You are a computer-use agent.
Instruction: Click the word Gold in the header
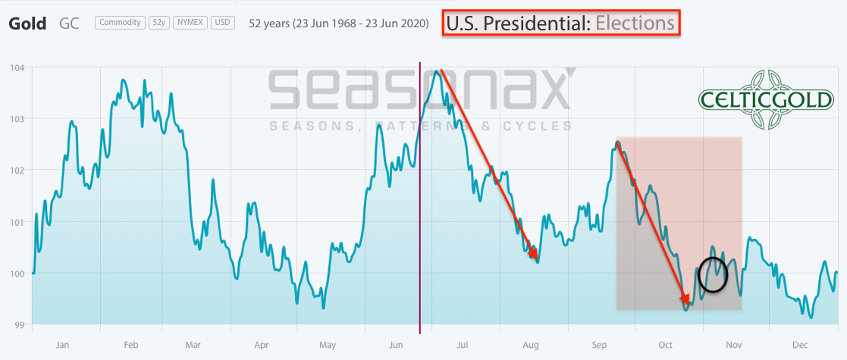[x=27, y=23]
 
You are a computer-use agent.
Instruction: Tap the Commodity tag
[x=121, y=23]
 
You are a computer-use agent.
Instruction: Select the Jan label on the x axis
[x=62, y=345]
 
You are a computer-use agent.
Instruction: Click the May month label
[x=328, y=345]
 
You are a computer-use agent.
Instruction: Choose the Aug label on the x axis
[x=531, y=345]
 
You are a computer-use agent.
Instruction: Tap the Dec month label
[x=800, y=345]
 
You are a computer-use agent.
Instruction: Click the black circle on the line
[x=712, y=274]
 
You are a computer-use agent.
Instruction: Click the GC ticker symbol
[x=69, y=23]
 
